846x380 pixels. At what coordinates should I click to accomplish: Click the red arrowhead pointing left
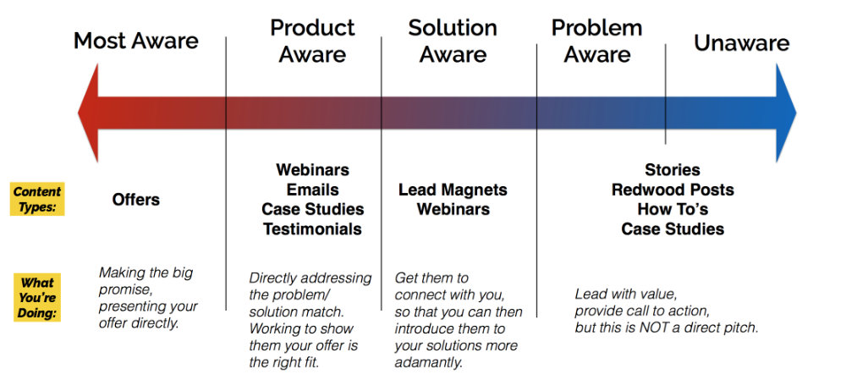tap(89, 113)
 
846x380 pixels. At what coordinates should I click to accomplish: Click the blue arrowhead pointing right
tap(786, 113)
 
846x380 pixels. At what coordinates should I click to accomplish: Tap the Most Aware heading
tap(136, 41)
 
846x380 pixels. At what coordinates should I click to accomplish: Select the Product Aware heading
tap(312, 41)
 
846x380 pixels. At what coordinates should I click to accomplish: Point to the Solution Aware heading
tap(453, 41)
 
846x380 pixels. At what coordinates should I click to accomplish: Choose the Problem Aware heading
tap(596, 41)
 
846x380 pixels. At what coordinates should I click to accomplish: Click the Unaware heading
tap(741, 43)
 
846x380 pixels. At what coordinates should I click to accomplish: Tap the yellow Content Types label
tap(37, 199)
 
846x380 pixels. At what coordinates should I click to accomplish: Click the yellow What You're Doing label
tap(37, 297)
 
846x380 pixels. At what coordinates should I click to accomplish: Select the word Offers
tap(136, 200)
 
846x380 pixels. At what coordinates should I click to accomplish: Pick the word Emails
tap(313, 190)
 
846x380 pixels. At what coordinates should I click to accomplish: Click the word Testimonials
tap(312, 229)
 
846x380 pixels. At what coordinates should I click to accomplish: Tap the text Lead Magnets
tap(453, 190)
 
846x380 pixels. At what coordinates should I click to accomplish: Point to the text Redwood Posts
tap(673, 190)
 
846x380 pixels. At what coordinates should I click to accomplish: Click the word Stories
tap(673, 170)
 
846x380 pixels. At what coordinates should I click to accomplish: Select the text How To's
tap(673, 209)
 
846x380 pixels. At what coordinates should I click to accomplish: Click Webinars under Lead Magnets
tap(453, 209)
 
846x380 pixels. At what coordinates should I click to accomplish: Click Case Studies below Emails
tap(313, 209)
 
